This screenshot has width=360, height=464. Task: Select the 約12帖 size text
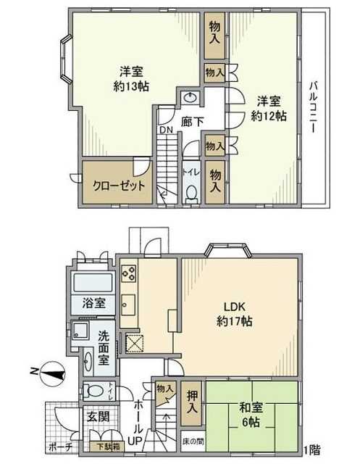[267, 115]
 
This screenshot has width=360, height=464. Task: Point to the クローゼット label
[119, 186]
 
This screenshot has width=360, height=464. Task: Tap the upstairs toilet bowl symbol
[191, 192]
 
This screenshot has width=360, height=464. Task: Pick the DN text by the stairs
[165, 131]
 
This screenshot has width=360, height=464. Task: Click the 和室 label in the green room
[251, 407]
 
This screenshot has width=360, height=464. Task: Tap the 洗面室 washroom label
[104, 347]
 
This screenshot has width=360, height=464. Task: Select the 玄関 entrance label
[99, 416]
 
